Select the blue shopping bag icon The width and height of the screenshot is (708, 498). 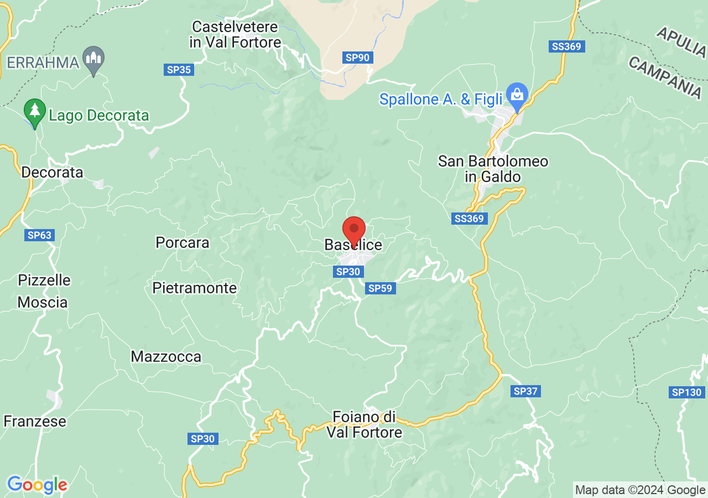point(517,95)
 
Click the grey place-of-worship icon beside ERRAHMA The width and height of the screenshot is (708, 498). point(93,58)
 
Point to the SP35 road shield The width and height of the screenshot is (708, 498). point(179,70)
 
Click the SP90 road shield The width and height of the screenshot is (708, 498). point(357,57)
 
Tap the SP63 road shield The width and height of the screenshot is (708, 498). point(39,235)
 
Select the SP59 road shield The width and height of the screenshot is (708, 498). point(380,288)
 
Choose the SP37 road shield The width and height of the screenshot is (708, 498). point(525,391)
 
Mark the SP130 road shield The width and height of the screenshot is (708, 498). point(687,392)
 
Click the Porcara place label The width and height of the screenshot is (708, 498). point(183,242)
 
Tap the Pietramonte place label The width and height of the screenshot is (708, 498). point(194,288)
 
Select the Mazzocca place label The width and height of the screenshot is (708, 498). point(166,356)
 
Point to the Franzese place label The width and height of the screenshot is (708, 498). point(35,421)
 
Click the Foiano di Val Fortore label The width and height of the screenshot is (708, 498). point(365,424)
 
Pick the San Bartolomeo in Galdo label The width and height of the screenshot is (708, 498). point(493,169)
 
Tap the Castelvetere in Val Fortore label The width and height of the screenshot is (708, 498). point(236,34)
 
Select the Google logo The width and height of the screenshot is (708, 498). point(37,485)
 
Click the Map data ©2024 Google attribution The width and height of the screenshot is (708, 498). point(640,490)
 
